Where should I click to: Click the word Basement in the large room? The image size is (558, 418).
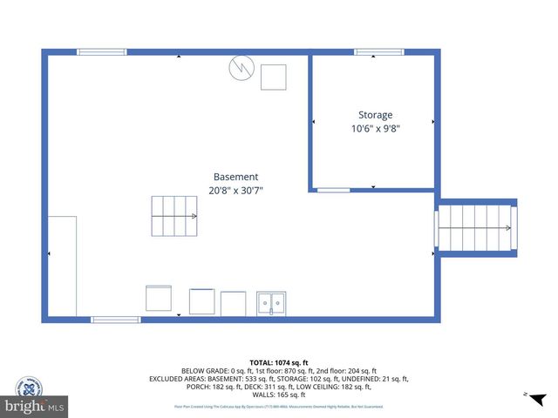[235, 177]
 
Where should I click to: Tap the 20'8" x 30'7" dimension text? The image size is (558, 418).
[235, 191]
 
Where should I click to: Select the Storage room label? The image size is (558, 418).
[375, 115]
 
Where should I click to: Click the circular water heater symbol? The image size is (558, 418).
[240, 68]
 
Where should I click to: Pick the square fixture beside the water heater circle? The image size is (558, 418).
[274, 77]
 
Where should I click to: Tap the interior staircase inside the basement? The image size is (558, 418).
[174, 216]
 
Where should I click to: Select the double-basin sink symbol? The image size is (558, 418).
[276, 304]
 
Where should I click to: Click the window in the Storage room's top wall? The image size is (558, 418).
[378, 52]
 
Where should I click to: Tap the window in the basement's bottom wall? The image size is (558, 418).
[116, 320]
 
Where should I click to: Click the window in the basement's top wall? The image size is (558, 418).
[102, 52]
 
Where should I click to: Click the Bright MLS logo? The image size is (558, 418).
[35, 406]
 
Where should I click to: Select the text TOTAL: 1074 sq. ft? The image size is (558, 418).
[279, 362]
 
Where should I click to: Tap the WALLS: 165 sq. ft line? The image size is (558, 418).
[279, 395]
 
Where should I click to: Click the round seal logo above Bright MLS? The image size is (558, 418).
[30, 386]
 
